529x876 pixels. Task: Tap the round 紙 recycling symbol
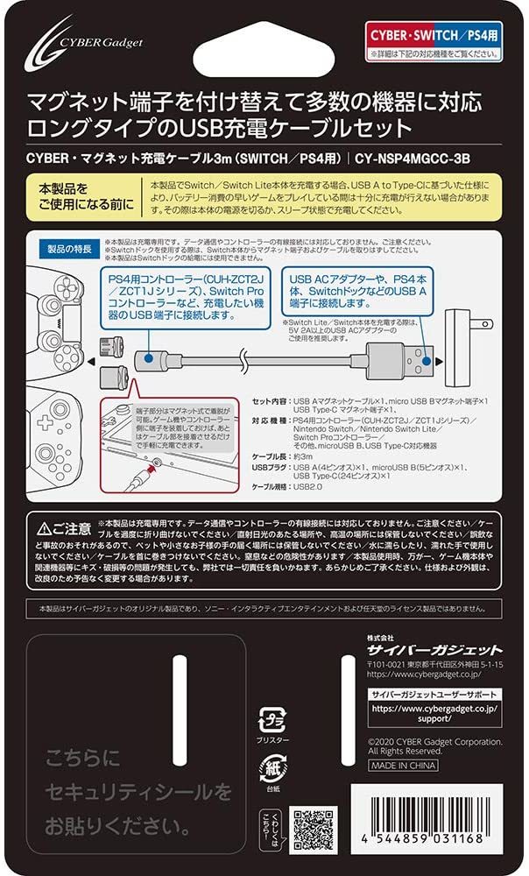[269, 774]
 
